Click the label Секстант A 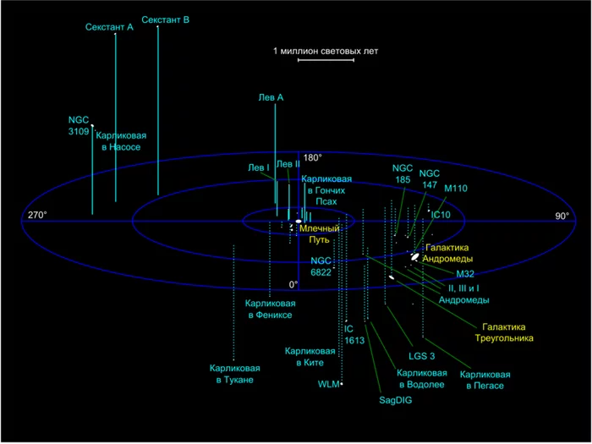tap(110, 28)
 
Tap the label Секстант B tap(165, 19)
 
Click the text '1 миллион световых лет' tap(326, 51)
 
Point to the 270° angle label tap(36, 216)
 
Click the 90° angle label tap(562, 217)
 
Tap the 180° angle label tap(313, 157)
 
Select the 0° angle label tap(293, 284)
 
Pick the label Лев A tap(271, 98)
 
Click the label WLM tap(328, 384)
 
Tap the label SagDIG tap(395, 400)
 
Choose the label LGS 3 tap(422, 355)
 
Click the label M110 tap(456, 188)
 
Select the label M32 tap(466, 274)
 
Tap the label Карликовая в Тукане tap(235, 374)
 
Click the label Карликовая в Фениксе tap(269, 309)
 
